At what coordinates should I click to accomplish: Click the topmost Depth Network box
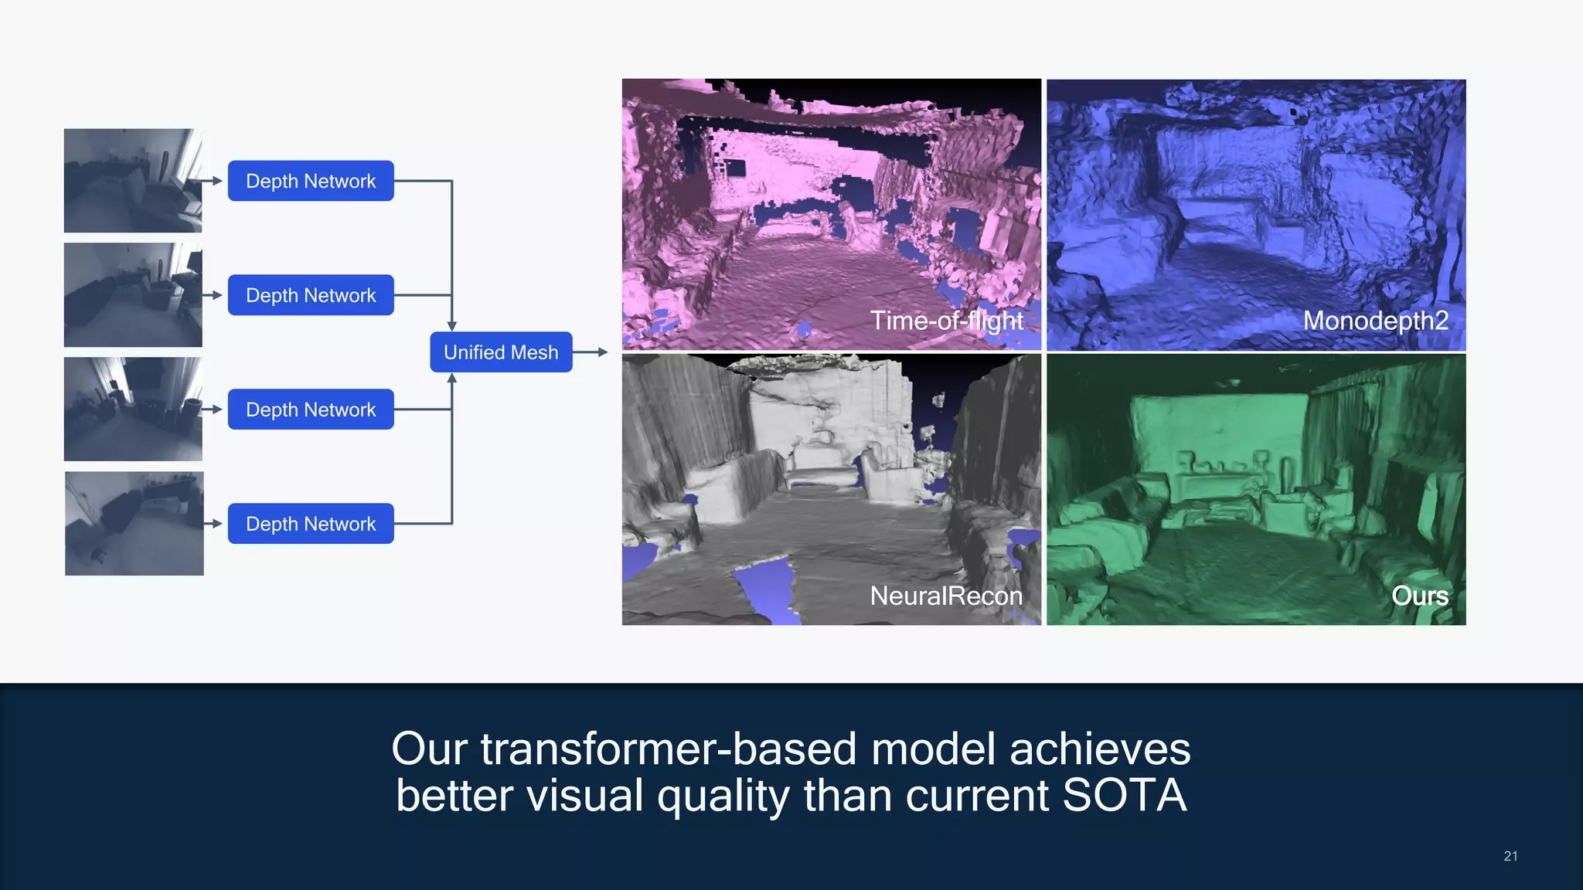tap(311, 181)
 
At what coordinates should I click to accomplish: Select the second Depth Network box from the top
tap(311, 295)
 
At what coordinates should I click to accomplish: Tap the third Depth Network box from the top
tap(311, 409)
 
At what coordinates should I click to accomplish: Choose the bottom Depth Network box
tap(311, 524)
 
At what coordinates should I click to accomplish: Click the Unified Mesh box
tap(501, 352)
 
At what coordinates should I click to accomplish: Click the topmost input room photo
tap(133, 181)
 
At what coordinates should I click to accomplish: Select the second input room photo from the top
tap(133, 295)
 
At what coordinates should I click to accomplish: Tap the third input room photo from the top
tap(133, 409)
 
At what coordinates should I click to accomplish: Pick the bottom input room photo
tap(134, 524)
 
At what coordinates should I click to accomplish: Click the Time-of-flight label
tap(947, 321)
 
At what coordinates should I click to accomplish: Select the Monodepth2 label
tap(1376, 321)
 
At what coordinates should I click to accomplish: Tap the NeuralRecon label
tap(946, 596)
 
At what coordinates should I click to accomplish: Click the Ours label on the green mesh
tap(1420, 596)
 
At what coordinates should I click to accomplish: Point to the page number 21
tap(1510, 856)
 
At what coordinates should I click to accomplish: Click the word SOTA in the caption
tap(1124, 796)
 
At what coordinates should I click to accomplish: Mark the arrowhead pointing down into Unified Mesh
tap(452, 327)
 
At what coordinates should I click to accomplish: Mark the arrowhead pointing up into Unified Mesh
tap(452, 378)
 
